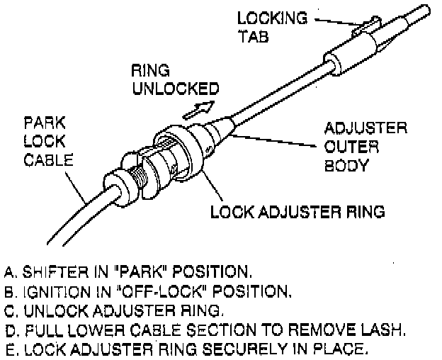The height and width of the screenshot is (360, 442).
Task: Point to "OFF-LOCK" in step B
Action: pyautogui.click(x=154, y=291)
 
